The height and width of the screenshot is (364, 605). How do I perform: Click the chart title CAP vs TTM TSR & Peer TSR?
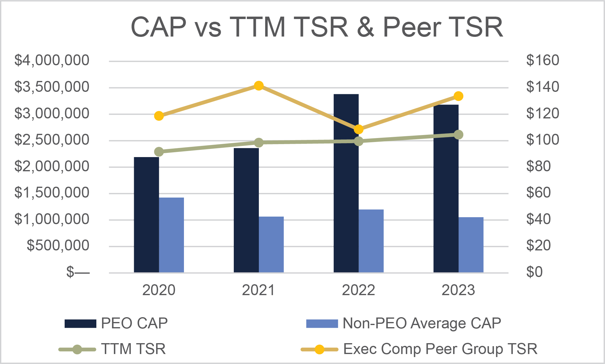[x=317, y=27]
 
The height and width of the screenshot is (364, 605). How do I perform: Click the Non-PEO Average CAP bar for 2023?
[x=471, y=245]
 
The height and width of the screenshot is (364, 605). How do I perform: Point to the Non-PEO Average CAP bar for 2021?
[x=271, y=244]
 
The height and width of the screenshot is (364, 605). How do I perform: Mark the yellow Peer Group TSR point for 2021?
[x=259, y=86]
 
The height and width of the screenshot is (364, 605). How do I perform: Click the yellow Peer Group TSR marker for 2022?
[x=359, y=130]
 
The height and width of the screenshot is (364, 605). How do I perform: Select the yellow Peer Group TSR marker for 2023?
[x=459, y=96]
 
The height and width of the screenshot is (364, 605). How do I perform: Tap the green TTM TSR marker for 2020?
[x=159, y=152]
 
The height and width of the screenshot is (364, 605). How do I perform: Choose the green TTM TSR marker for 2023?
[x=459, y=135]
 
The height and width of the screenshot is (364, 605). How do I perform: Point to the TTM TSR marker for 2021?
[x=259, y=142]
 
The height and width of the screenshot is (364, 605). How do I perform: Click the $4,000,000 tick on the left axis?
[x=52, y=60]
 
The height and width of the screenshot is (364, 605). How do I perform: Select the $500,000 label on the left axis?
[x=58, y=246]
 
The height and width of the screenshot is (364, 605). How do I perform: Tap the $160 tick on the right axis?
[x=542, y=60]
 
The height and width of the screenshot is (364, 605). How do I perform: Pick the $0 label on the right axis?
[x=534, y=272]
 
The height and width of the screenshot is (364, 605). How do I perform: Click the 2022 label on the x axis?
[x=359, y=290]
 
